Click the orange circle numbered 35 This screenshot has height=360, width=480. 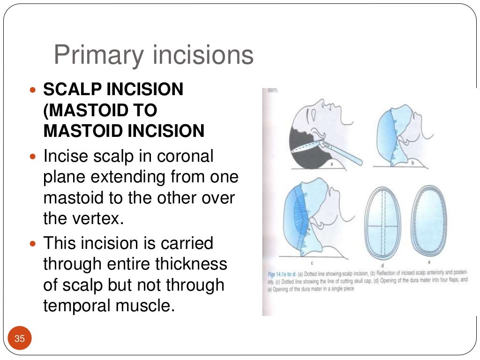20,338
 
